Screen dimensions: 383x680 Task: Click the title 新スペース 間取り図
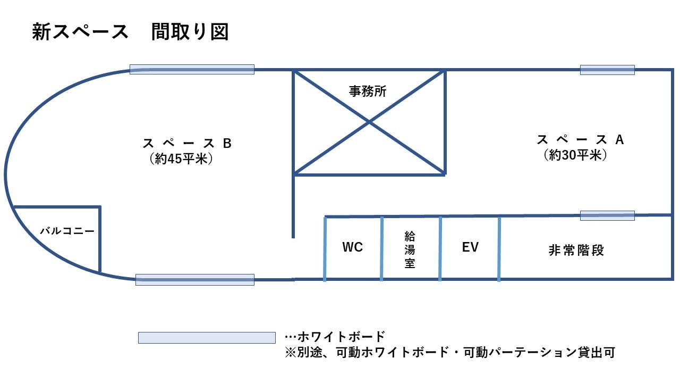130,32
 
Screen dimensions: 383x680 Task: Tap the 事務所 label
368,91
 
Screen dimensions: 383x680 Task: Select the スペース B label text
187,144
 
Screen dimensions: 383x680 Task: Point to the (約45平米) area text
181,159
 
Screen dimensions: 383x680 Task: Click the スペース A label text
580,140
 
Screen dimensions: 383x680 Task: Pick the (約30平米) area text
575,155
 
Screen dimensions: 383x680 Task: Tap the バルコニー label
67,231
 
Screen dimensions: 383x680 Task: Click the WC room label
353,247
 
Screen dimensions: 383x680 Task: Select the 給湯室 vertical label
410,248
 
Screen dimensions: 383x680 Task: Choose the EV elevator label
470,247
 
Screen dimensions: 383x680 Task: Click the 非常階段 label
576,250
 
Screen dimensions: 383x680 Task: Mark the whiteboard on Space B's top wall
192,69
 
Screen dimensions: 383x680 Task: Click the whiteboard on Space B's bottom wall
195,280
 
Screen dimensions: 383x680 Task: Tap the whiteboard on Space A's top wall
607,70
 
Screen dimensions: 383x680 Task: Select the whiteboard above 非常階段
607,215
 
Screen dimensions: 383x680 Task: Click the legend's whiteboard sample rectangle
207,338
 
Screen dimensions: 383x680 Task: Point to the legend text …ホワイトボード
335,337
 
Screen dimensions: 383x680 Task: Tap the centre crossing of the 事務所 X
370,122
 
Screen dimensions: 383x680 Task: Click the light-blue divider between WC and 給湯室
381,248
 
